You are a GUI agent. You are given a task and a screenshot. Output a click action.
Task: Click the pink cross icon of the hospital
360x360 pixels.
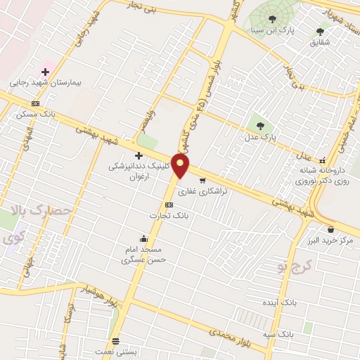click(x=46, y=72)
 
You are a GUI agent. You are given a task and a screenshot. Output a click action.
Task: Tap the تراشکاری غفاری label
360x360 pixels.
click(x=202, y=191)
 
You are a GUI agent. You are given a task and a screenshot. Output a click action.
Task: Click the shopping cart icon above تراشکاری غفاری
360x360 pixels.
click(x=202, y=181)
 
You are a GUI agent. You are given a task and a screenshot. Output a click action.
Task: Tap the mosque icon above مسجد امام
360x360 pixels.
click(x=143, y=238)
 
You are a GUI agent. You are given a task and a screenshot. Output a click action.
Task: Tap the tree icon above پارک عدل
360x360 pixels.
click(x=261, y=126)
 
